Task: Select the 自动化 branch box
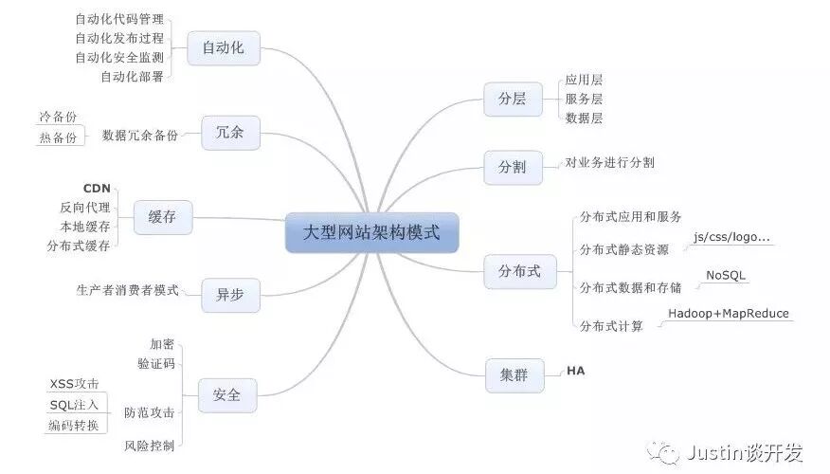[x=224, y=47]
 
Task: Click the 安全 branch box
[x=226, y=394]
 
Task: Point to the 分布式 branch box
[x=519, y=271]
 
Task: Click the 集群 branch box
[x=513, y=374]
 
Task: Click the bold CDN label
[x=97, y=188]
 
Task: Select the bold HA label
[x=576, y=371]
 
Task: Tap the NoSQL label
[x=726, y=275]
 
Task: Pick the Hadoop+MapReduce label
[x=728, y=314]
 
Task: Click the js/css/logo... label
[x=731, y=237]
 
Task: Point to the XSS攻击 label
[x=74, y=385]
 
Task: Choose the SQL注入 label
[x=74, y=406]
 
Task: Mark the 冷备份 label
[x=58, y=117]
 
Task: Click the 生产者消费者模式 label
[x=127, y=290]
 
